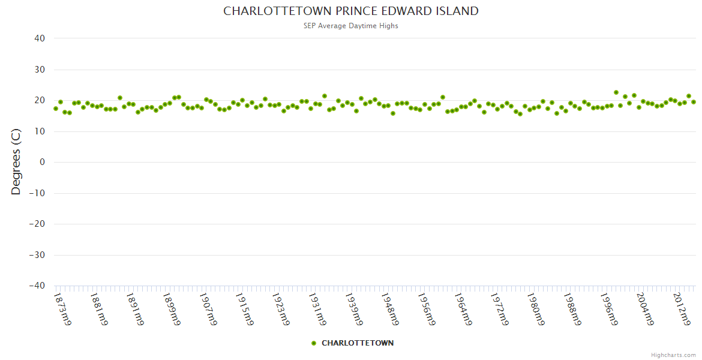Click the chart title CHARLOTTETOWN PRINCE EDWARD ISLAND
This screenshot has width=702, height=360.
click(351, 11)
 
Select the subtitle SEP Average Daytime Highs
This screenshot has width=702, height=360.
click(351, 26)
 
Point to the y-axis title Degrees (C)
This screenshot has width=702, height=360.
click(16, 162)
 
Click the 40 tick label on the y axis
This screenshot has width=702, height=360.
click(39, 38)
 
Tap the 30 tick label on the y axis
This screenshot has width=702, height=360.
click(39, 70)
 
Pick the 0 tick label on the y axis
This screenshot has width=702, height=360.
click(42, 162)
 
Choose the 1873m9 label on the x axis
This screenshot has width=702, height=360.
click(63, 309)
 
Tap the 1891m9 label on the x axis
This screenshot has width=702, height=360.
click(136, 309)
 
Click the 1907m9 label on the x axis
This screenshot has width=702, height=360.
click(209, 309)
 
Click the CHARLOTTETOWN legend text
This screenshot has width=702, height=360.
click(358, 343)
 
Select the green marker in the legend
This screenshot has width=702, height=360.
click(314, 343)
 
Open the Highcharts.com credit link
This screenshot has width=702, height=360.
click(673, 355)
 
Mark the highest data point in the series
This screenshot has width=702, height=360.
click(616, 92)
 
